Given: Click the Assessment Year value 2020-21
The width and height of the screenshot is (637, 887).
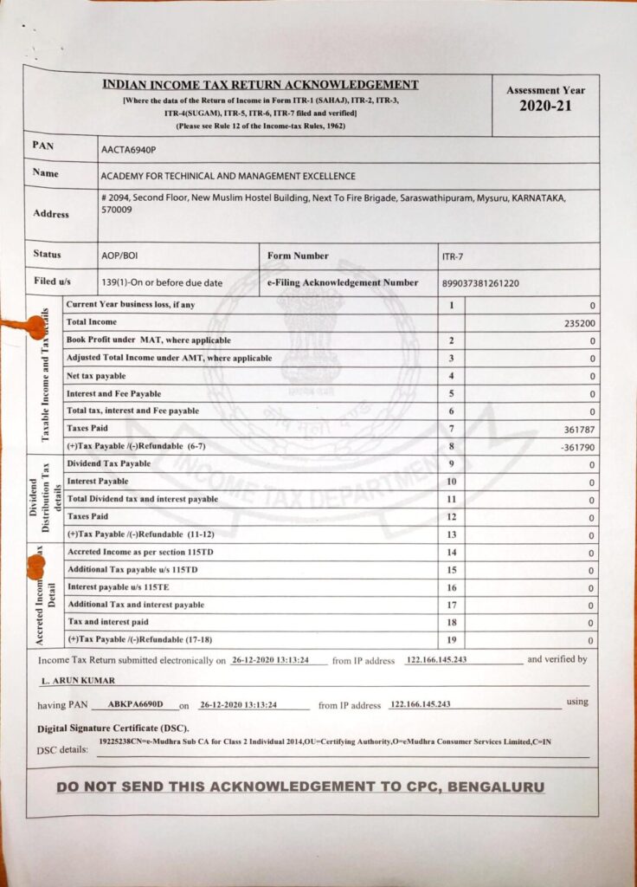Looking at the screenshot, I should coord(545,107).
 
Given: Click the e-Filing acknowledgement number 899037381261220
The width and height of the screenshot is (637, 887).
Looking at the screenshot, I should coord(480,283).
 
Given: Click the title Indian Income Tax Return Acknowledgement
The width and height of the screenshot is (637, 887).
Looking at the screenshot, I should coord(261,85).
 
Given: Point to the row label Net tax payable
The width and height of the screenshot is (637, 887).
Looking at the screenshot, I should coord(96,376).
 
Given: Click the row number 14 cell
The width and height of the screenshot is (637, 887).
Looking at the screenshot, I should coord(451,553).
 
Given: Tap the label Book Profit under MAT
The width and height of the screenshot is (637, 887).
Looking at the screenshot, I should coord(148,340).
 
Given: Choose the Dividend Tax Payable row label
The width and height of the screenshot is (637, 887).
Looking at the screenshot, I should coord(108,464).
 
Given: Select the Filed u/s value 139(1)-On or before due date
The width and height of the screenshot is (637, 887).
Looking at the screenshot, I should coord(162,283).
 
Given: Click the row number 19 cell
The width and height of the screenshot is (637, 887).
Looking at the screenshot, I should coord(451,640).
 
